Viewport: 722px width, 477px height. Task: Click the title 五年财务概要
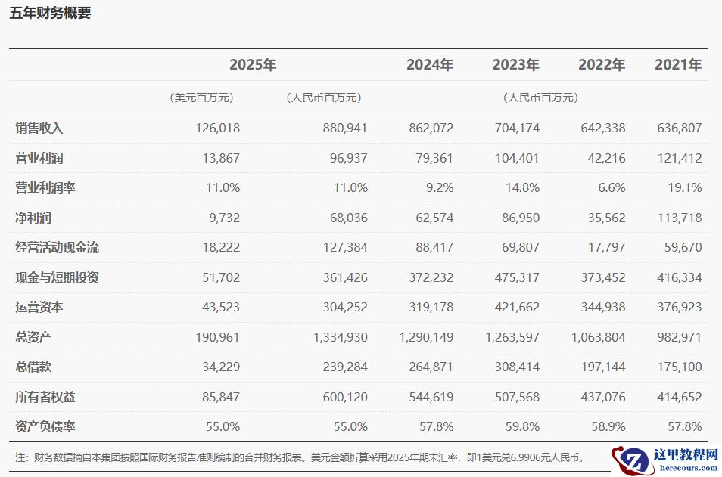(x=50, y=14)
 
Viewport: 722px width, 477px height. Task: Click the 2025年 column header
(x=253, y=65)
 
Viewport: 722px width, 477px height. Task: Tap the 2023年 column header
(x=515, y=65)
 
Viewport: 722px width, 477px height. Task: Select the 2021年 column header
(x=678, y=65)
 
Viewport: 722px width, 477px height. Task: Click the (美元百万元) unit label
(x=202, y=98)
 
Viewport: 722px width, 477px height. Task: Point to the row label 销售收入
(x=39, y=128)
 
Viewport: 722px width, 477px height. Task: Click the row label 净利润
(x=33, y=218)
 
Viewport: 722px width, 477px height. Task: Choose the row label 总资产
(x=33, y=337)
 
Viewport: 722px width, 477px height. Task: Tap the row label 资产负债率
(x=45, y=426)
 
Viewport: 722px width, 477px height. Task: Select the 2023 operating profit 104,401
(x=517, y=158)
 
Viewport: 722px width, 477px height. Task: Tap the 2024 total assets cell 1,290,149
(x=427, y=337)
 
